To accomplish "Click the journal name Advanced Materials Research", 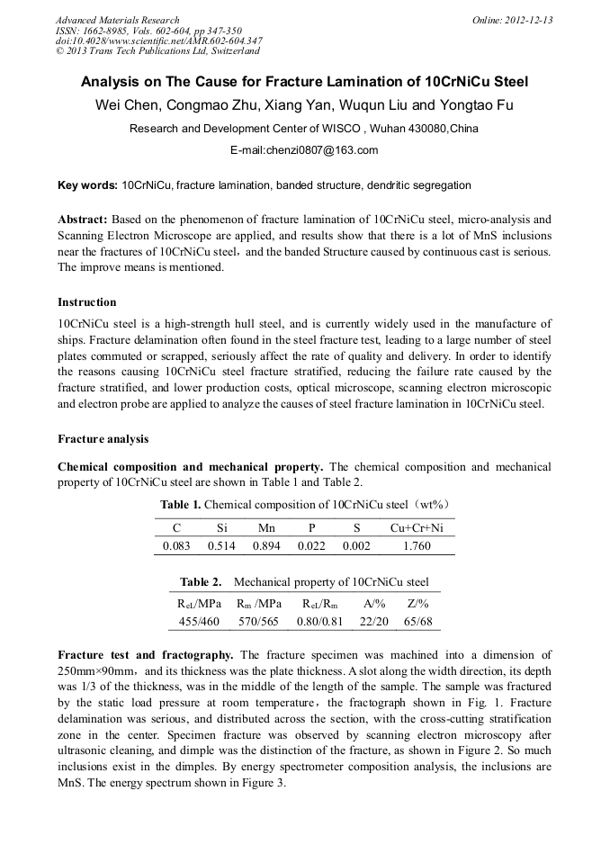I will pyautogui.click(x=117, y=20).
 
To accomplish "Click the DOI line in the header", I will pyautogui.click(x=158, y=40).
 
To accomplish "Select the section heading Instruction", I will pyautogui.click(x=87, y=301).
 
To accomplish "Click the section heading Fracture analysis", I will pyautogui.click(x=103, y=439).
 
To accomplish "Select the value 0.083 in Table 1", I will pyautogui.click(x=177, y=545).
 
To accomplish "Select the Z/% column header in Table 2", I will pyautogui.click(x=417, y=604).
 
